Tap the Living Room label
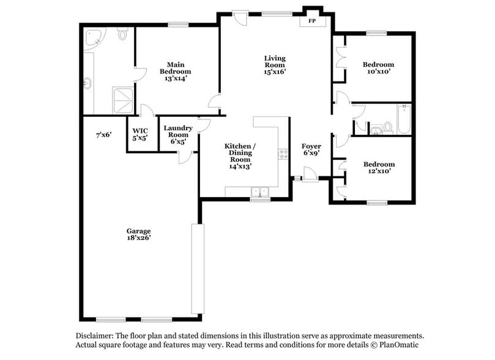[x=275, y=65]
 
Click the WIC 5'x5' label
[x=140, y=134]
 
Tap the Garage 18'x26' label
[x=139, y=234]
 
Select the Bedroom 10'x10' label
[x=378, y=67]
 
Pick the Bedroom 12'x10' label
[x=379, y=168]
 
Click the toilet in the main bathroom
[x=123, y=34]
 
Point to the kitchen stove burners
[x=283, y=154]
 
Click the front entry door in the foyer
[x=310, y=179]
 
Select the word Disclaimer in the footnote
[x=96, y=336]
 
